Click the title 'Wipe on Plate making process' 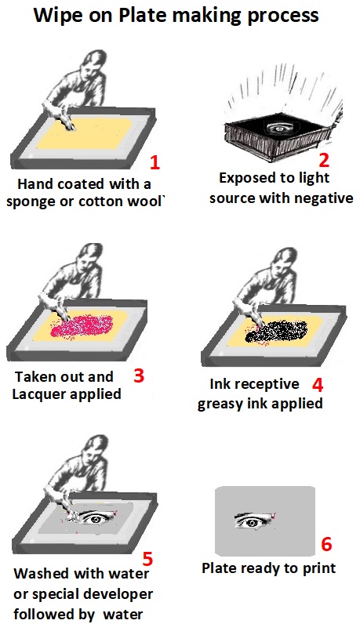pyautogui.click(x=180, y=16)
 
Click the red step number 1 pyautogui.click(x=155, y=163)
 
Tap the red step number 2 pyautogui.click(x=324, y=160)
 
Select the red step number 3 pyautogui.click(x=139, y=375)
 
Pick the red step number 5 pyautogui.click(x=147, y=559)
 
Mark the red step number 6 pyautogui.click(x=327, y=543)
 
